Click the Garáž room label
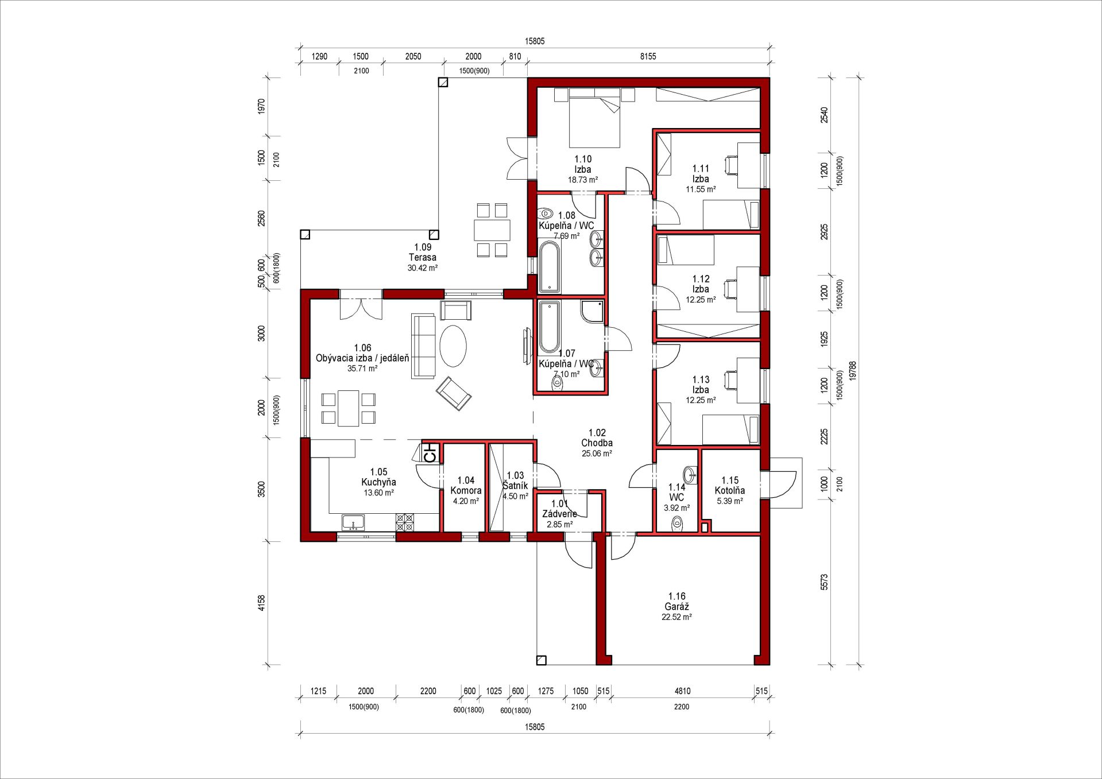(677, 606)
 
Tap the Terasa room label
(423, 257)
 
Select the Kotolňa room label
(730, 490)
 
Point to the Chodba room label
(597, 443)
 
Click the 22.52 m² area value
(677, 617)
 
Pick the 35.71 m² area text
(363, 369)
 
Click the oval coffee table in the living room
(453, 346)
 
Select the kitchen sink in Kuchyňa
(353, 522)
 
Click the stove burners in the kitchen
(405, 522)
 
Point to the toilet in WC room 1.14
(678, 524)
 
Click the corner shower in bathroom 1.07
(592, 311)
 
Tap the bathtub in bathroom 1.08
(550, 267)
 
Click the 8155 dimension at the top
(648, 56)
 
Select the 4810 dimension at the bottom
(682, 691)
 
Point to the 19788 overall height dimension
(853, 371)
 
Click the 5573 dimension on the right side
(824, 582)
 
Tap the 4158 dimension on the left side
(262, 603)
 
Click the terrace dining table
(492, 230)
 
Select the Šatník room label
(515, 486)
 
